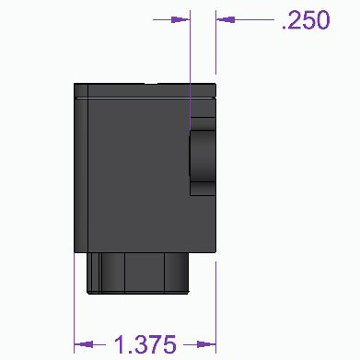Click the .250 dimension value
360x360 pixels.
pyautogui.click(x=306, y=20)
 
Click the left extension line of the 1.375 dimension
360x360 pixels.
pyautogui.click(x=75, y=304)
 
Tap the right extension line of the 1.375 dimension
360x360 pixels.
pyautogui.click(x=215, y=304)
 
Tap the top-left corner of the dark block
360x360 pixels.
pyautogui.click(x=75, y=85)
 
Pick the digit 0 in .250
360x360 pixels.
pyautogui.click(x=321, y=20)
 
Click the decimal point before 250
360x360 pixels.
pyautogui.click(x=284, y=29)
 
